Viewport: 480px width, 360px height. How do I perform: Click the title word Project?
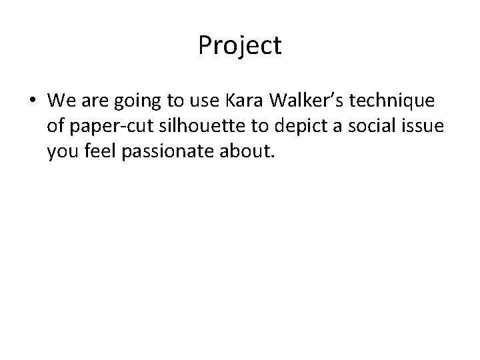click(240, 46)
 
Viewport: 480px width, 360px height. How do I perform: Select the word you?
click(61, 150)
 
